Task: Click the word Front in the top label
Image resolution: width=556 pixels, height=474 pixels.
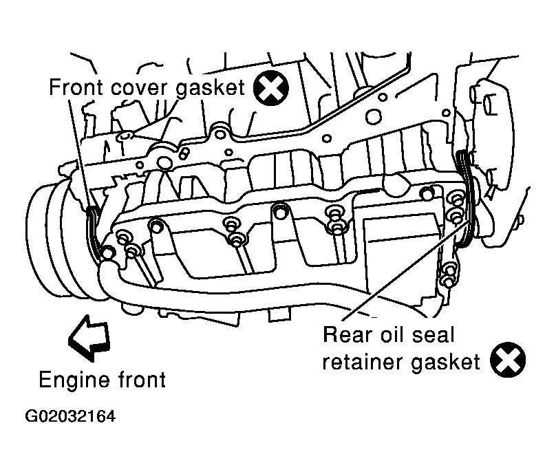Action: pyautogui.click(x=76, y=87)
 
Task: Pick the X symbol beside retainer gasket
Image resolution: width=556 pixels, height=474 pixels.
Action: pyautogui.click(x=508, y=360)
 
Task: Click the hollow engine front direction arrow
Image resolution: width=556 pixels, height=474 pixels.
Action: pyautogui.click(x=89, y=338)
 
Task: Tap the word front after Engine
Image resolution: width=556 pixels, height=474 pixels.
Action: pyautogui.click(x=142, y=380)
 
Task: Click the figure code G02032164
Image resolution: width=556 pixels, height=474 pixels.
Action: pyautogui.click(x=70, y=417)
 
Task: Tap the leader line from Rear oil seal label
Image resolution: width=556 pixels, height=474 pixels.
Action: pyautogui.click(x=407, y=270)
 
